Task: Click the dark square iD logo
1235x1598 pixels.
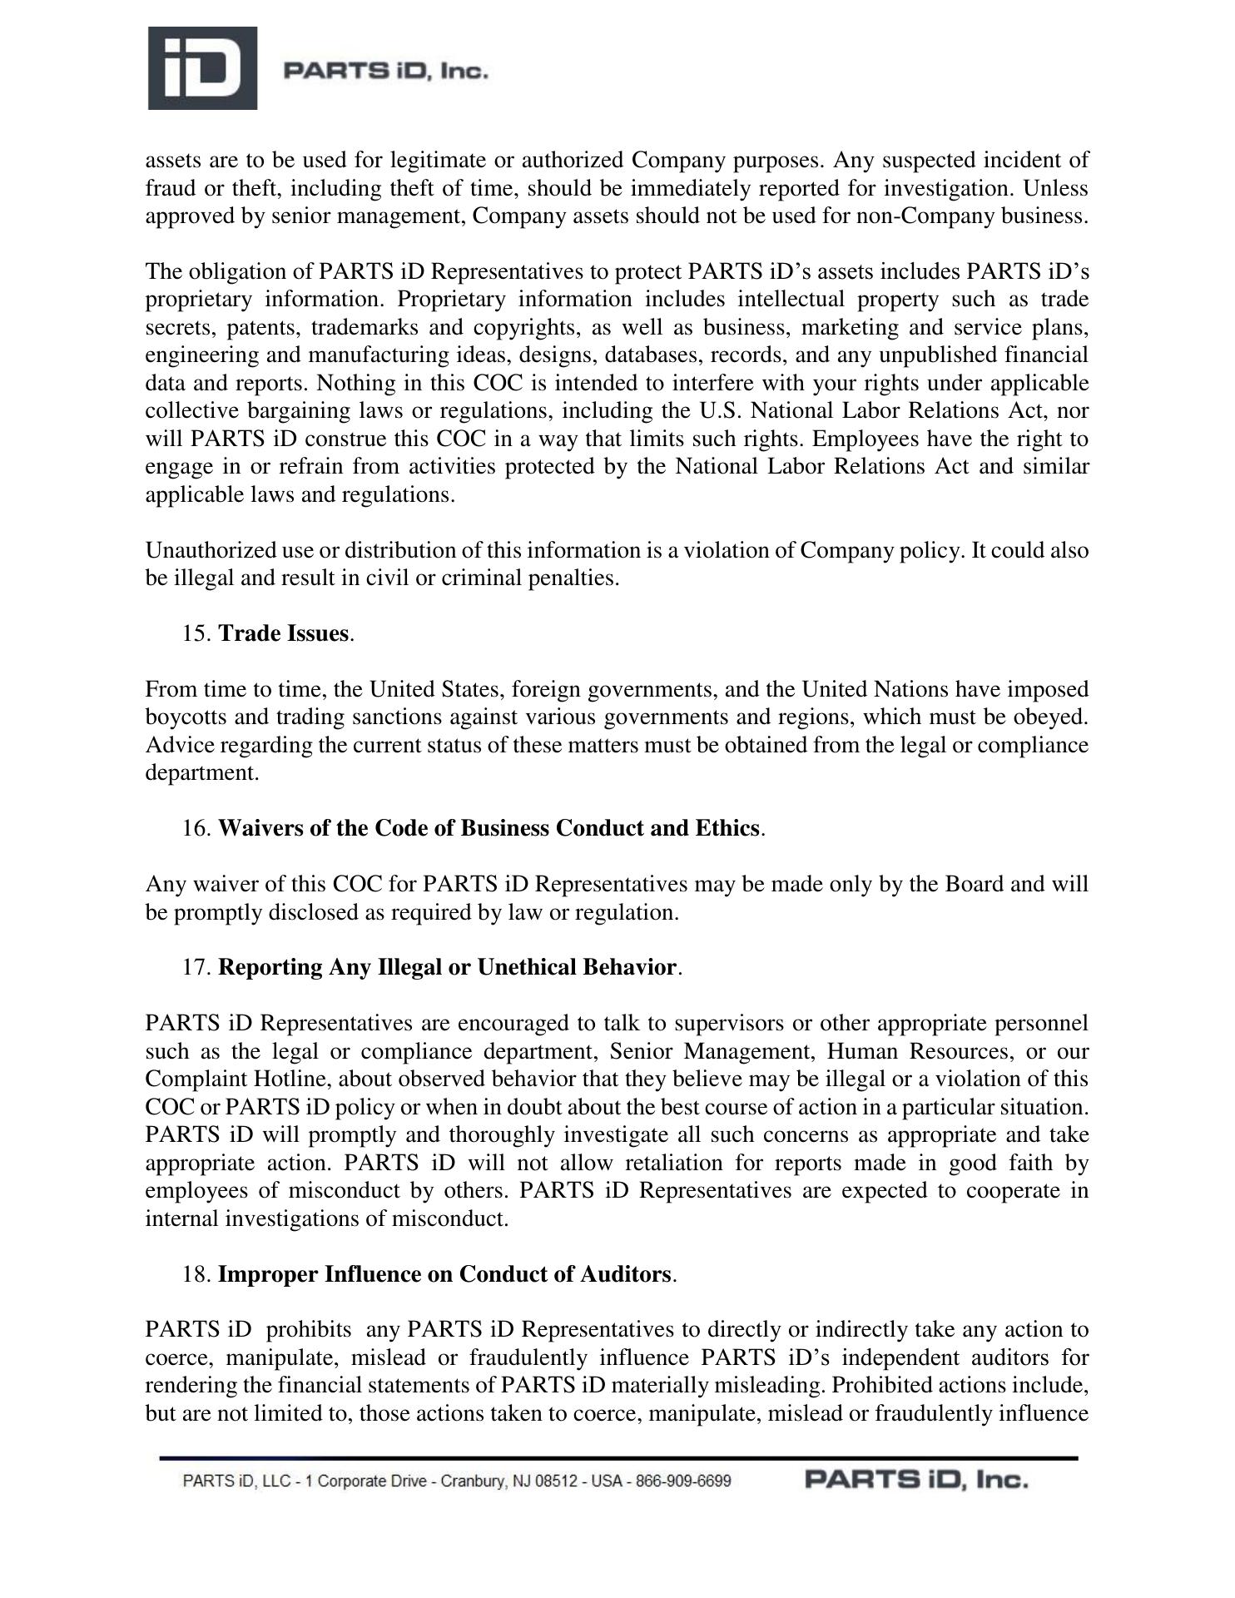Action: [x=202, y=68]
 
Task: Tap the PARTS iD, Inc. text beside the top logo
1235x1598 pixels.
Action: [x=385, y=72]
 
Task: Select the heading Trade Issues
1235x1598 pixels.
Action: [x=283, y=634]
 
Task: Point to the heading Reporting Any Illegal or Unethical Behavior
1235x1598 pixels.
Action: [x=447, y=968]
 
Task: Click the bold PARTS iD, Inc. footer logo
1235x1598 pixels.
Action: [x=916, y=1481]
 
